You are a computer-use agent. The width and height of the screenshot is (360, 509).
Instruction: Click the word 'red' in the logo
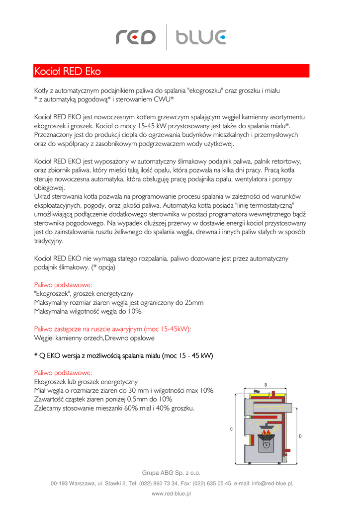pyautogui.click(x=136, y=37)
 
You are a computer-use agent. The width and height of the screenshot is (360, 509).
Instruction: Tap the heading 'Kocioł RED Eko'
pyautogui.click(x=67, y=72)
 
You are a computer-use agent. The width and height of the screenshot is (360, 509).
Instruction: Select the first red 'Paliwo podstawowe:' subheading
pyautogui.click(x=63, y=285)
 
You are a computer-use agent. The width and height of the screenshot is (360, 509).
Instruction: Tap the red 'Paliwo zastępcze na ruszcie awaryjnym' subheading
pyautogui.click(x=112, y=329)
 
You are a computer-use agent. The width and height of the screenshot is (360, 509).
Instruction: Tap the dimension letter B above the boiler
pyautogui.click(x=266, y=384)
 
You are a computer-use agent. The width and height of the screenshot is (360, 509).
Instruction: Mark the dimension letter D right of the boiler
pyautogui.click(x=300, y=436)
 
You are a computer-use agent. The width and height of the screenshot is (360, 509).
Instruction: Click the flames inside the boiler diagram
pyautogui.click(x=266, y=435)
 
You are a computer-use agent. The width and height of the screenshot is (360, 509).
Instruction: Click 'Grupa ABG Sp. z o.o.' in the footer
pyautogui.click(x=171, y=473)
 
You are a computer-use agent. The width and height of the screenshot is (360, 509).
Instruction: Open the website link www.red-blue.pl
pyautogui.click(x=171, y=494)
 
